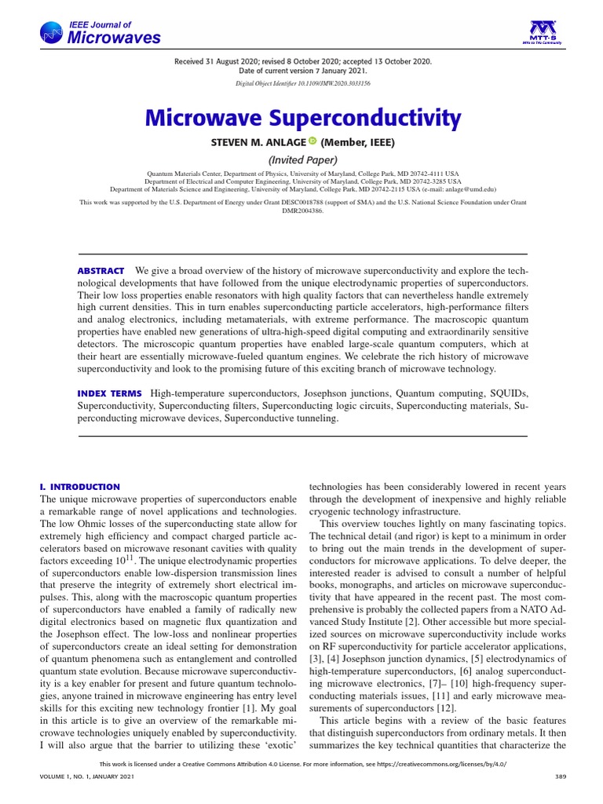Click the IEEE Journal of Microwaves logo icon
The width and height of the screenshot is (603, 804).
51,32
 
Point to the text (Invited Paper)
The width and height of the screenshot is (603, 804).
301,160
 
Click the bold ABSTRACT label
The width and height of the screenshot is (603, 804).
100,271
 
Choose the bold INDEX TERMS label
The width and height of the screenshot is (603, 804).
109,393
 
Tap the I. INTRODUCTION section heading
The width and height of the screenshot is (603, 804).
79,487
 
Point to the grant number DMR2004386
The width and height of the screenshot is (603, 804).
301,211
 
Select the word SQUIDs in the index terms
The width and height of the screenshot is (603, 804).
508,393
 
